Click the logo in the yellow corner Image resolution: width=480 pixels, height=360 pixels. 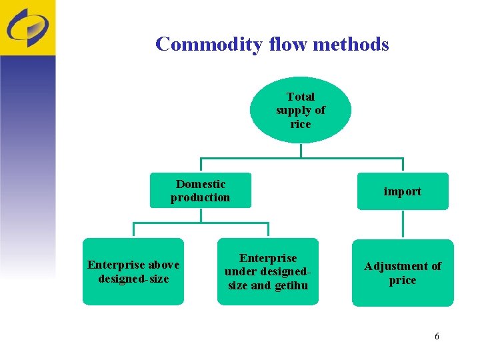point(27,27)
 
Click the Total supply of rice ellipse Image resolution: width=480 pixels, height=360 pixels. point(301,110)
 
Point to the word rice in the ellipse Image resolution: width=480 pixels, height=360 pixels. point(301,125)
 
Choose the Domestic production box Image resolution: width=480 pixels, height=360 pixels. point(201,191)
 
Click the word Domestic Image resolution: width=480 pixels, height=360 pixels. point(201,184)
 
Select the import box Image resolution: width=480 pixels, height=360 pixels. point(402,191)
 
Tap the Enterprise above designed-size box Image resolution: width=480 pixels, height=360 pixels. point(133,271)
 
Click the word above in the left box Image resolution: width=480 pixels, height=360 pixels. point(164,265)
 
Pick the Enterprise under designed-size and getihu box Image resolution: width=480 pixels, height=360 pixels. point(268,271)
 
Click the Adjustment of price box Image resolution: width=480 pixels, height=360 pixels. point(402,273)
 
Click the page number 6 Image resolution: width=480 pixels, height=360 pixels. point(437,336)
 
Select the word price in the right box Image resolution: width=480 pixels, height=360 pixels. point(402,281)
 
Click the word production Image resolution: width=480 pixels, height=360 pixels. point(201,198)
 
